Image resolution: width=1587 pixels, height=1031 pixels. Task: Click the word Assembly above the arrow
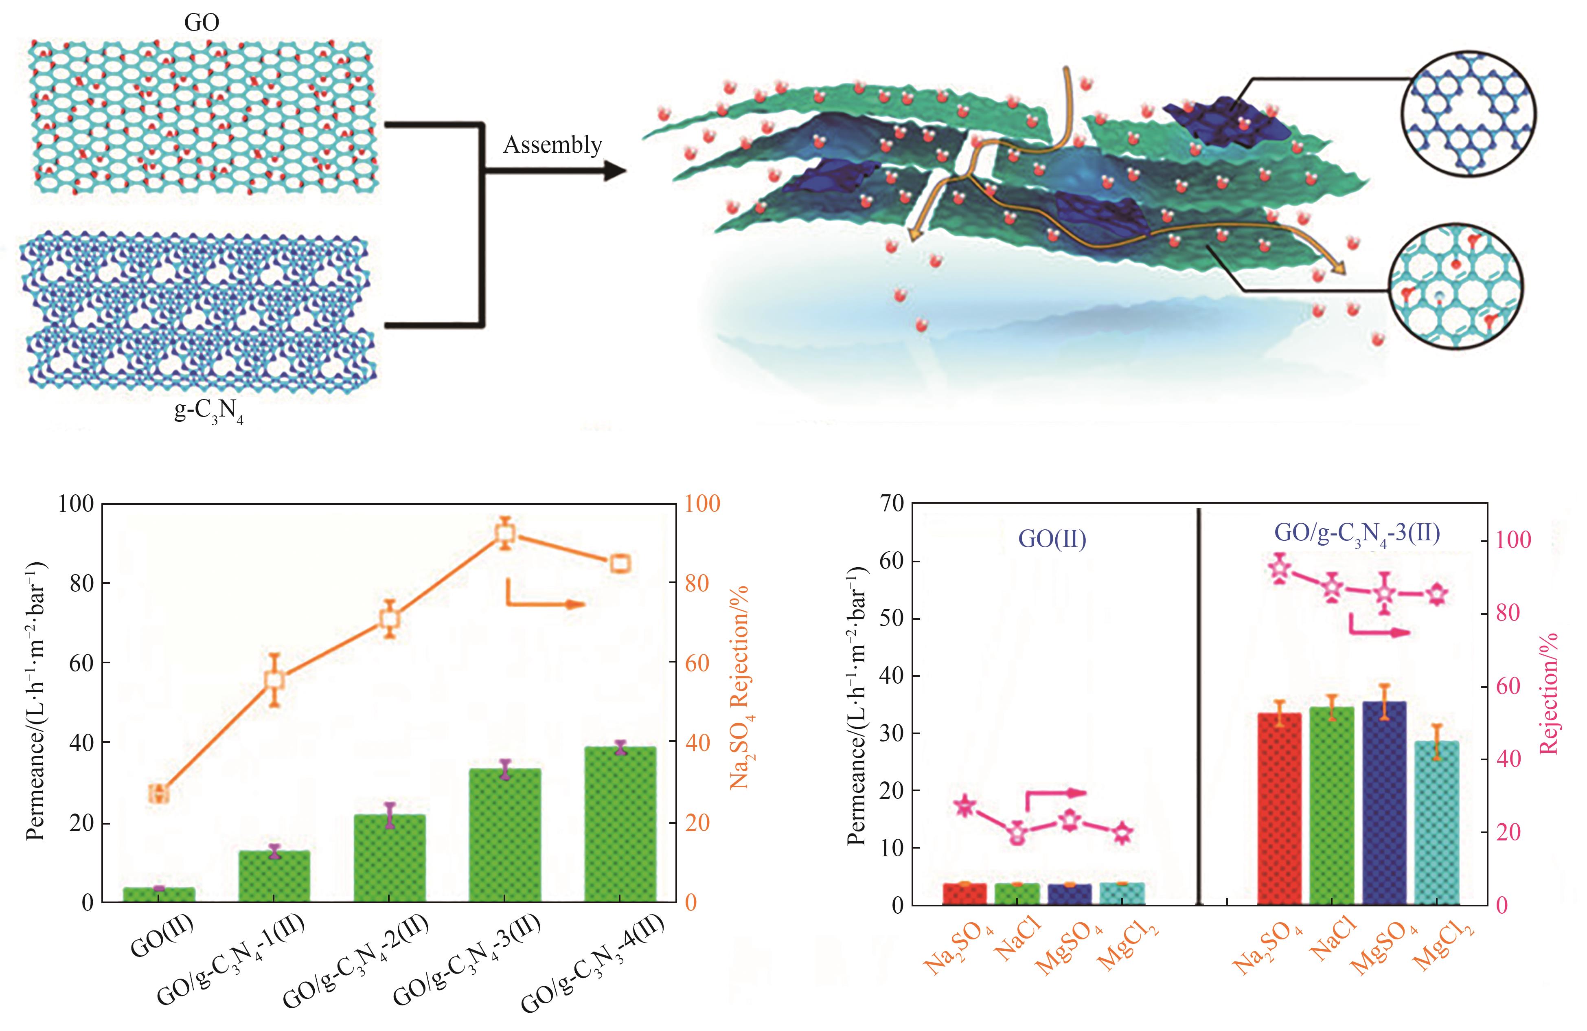(x=552, y=145)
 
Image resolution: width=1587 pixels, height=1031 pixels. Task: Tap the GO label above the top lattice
(x=202, y=23)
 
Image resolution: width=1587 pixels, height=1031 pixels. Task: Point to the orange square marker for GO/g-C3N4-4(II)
(x=620, y=564)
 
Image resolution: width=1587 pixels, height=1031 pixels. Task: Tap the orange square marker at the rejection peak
(x=505, y=533)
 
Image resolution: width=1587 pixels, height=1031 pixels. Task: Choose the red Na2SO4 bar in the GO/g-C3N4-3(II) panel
(x=1279, y=808)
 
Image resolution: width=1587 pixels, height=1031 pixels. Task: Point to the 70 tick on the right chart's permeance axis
(x=888, y=504)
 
